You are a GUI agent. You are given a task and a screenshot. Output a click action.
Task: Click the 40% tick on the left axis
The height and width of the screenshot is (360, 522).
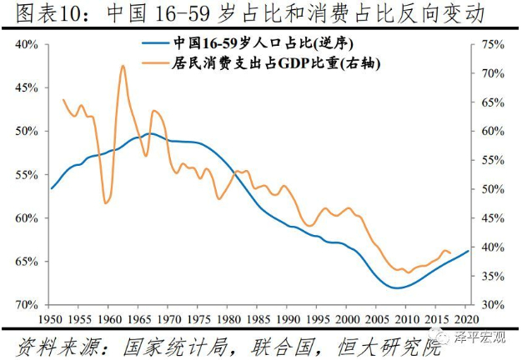(x=27, y=44)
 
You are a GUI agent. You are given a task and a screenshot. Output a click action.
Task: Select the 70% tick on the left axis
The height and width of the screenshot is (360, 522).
(x=27, y=305)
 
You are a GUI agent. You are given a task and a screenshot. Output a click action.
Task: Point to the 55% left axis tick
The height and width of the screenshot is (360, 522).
(x=27, y=175)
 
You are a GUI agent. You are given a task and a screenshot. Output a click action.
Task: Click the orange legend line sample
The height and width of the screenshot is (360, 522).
(x=155, y=61)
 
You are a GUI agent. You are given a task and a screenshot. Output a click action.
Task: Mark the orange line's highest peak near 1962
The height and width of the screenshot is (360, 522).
(x=123, y=64)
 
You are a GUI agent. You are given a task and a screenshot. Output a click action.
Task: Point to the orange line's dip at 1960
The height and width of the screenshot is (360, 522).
(x=106, y=202)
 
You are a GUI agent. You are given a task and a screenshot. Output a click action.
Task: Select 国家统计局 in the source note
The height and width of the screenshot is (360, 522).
(x=165, y=343)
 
